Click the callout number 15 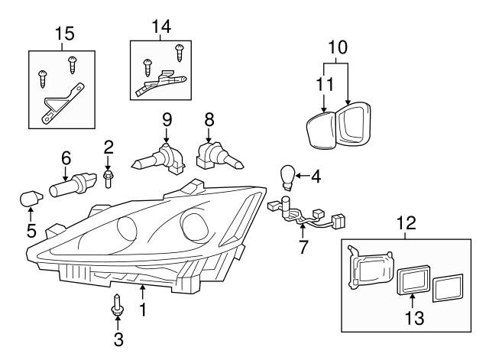(x=65, y=33)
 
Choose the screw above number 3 (x=118, y=304)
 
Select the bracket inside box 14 (x=161, y=82)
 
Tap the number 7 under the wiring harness (x=303, y=248)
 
